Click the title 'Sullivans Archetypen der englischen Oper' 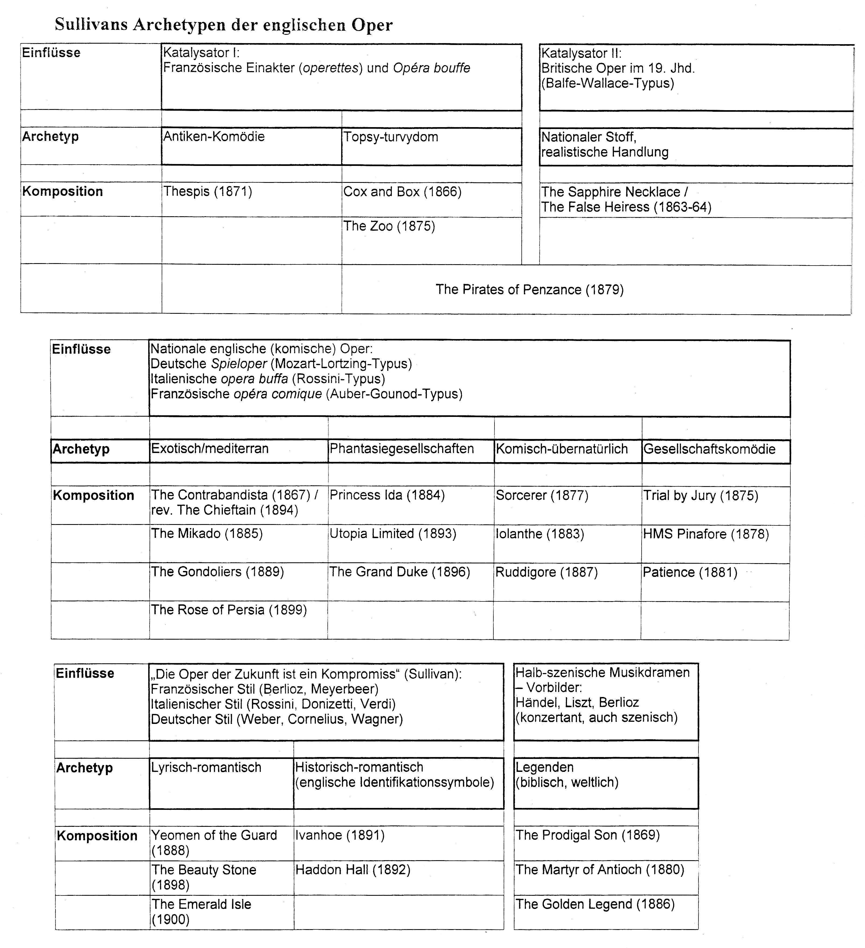pyautogui.click(x=224, y=25)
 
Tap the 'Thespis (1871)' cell pyautogui.click(x=207, y=192)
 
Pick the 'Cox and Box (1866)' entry pyautogui.click(x=402, y=192)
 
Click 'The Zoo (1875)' pyautogui.click(x=389, y=226)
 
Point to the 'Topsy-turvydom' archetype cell pyautogui.click(x=391, y=137)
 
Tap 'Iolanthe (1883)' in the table pyautogui.click(x=540, y=534)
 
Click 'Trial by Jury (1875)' pyautogui.click(x=701, y=495)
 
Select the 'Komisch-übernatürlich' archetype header pyautogui.click(x=562, y=449)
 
